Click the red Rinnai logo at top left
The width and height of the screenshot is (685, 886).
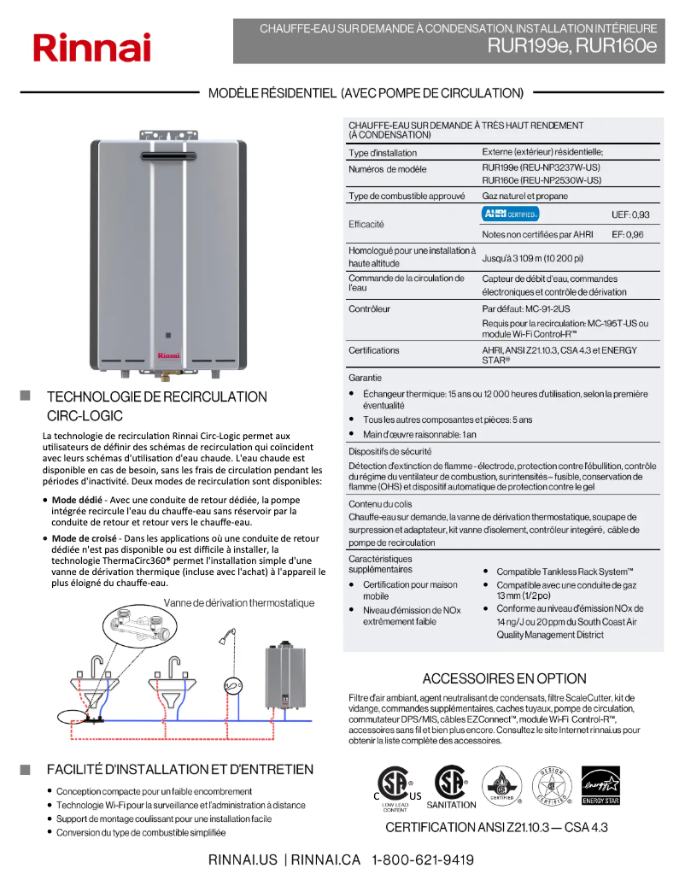(x=91, y=47)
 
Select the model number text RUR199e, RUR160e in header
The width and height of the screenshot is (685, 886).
(x=572, y=46)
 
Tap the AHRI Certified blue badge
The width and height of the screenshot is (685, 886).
(x=511, y=214)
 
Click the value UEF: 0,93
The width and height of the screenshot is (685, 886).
(x=629, y=214)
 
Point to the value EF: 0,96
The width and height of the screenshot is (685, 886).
(x=627, y=234)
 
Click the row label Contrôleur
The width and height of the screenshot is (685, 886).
(x=369, y=308)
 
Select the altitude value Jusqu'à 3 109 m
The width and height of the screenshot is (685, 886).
(x=533, y=258)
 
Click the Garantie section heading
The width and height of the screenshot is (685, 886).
(x=365, y=377)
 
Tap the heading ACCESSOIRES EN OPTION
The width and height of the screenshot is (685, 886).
(x=504, y=678)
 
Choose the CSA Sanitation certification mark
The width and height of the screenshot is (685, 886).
(x=451, y=786)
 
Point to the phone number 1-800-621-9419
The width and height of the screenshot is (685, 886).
(x=423, y=860)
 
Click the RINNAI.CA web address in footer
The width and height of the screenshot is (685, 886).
(x=325, y=860)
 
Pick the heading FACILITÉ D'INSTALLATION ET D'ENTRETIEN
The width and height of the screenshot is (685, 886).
(x=179, y=770)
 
